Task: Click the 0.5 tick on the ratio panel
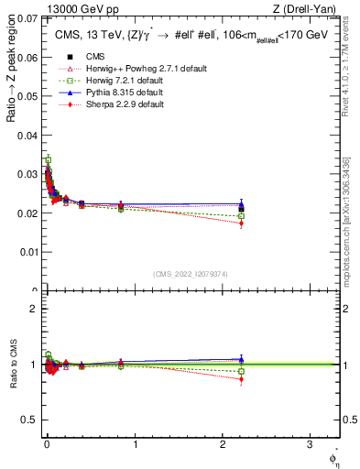29,420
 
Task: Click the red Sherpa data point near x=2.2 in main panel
241,223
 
